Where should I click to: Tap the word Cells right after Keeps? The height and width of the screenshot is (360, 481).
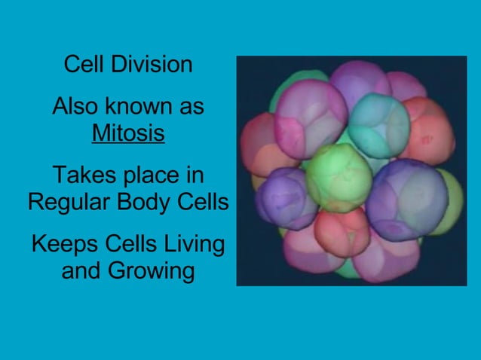coord(127,244)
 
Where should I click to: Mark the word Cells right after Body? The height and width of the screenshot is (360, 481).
coord(204,203)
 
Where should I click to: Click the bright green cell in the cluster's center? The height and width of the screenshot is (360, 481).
coord(339,176)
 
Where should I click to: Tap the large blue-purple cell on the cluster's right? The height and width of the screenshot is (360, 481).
coord(407,199)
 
